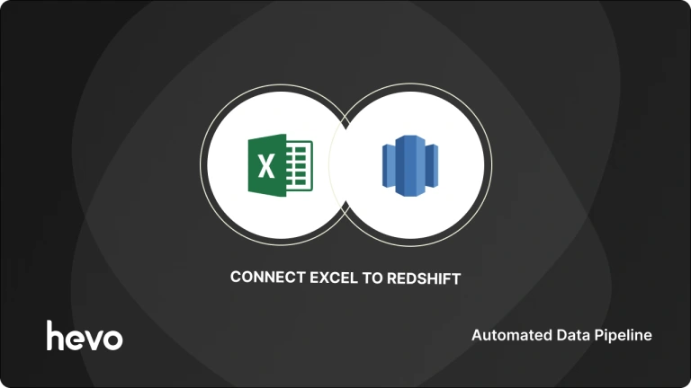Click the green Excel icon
(279, 165)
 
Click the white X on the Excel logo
(265, 166)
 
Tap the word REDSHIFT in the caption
(424, 278)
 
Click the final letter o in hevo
(113, 339)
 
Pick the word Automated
(507, 335)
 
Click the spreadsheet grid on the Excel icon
(300, 166)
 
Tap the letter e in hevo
(74, 339)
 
